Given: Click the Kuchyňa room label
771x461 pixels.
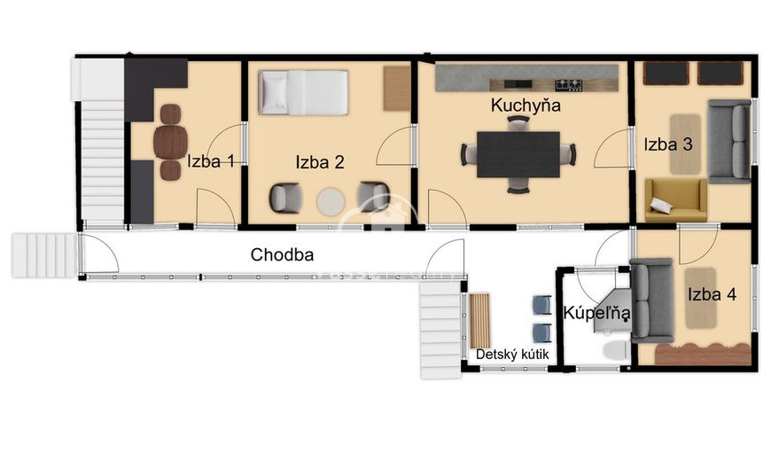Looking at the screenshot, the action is point(526,105).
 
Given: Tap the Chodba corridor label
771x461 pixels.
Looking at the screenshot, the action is point(282,254).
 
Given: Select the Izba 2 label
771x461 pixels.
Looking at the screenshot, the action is point(320,162).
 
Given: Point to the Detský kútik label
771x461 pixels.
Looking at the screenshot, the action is point(512,355).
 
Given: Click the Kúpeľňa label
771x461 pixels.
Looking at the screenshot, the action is point(596,313).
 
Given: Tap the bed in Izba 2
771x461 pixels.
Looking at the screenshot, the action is point(303,92).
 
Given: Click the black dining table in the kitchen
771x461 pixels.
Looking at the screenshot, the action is point(518,154).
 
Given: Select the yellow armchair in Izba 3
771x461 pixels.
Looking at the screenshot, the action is point(675,199).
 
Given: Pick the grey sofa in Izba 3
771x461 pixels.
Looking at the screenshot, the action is point(729,141).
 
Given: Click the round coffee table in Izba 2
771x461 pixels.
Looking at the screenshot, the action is point(331,202).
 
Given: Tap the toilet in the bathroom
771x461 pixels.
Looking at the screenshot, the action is point(615,350).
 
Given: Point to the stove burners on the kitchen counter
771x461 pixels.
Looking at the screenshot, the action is point(568,85).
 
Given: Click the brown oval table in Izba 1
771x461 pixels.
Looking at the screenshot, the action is point(170,142).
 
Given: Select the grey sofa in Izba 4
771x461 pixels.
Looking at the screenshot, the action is point(651,301).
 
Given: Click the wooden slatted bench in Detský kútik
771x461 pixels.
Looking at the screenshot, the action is point(480,321).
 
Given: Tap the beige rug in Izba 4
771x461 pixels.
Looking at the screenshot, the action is point(701,298).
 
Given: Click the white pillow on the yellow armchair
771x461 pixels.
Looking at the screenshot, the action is point(661,205).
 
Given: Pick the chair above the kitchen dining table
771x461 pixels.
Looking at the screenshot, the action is point(518,123).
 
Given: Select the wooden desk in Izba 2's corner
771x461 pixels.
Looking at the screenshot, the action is point(397,89).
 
